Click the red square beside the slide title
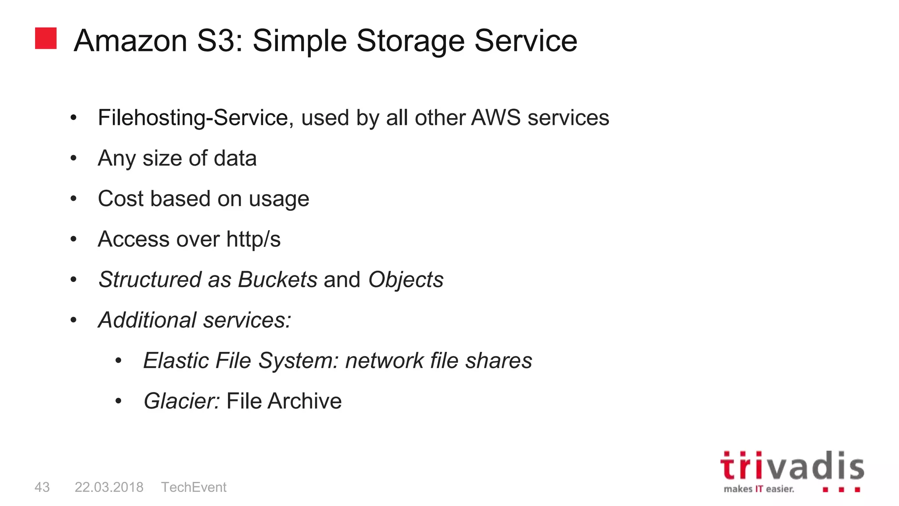[x=46, y=38]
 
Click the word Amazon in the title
[x=130, y=41]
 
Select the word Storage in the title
[x=410, y=41]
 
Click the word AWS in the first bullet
[x=496, y=118]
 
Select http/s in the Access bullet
[x=253, y=239]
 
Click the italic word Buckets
[x=277, y=280]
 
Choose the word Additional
[x=147, y=320]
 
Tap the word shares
[x=499, y=361]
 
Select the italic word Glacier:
[x=181, y=401]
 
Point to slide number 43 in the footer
[x=42, y=487]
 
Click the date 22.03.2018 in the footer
[x=109, y=487]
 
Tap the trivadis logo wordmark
[x=792, y=466]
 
